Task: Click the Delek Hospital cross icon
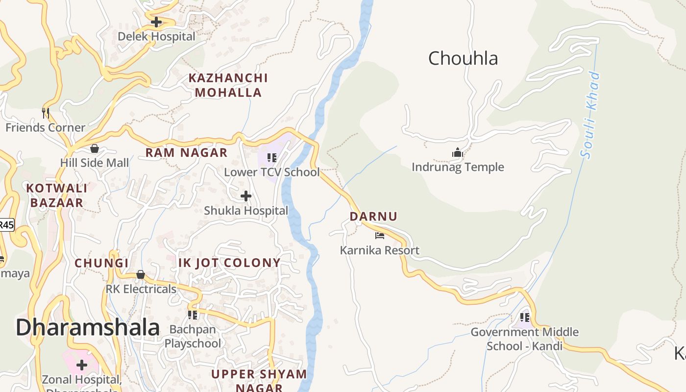[x=156, y=22]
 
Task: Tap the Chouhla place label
[x=463, y=58]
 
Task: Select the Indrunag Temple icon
[x=458, y=152]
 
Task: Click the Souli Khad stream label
[x=590, y=115]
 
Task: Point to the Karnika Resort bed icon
[x=380, y=236]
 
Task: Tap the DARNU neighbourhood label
[x=373, y=216]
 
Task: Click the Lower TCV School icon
[x=272, y=158]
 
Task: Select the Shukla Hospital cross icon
[x=246, y=196]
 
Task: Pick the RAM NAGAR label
[x=186, y=152]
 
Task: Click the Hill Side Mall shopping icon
[x=94, y=148]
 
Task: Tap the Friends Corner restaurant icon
[x=46, y=113]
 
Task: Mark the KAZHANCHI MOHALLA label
[x=228, y=85]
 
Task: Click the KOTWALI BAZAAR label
[x=57, y=195]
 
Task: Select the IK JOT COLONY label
[x=229, y=263]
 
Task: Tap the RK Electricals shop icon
[x=141, y=274]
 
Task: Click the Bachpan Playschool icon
[x=193, y=315]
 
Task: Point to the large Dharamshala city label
[x=88, y=327]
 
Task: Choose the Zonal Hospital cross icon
[x=82, y=365]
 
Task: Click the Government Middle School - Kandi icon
[x=525, y=318]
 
